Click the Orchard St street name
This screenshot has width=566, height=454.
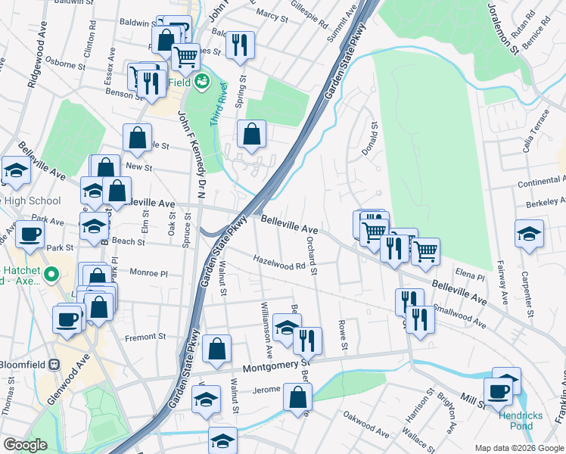tap(312, 255)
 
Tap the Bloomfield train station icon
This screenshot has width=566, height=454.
tap(54, 364)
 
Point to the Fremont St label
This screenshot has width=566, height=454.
tap(145, 337)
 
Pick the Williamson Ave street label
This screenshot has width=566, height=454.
tap(266, 331)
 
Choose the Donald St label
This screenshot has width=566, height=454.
tap(368, 137)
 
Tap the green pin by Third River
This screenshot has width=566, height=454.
tap(201, 80)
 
